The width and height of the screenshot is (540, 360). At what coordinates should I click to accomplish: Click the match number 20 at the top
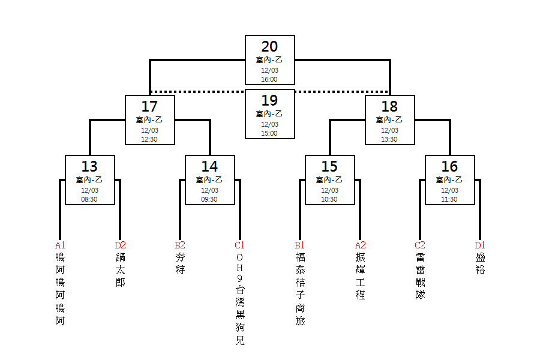coord(269,47)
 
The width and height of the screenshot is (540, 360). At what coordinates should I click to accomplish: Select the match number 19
coord(269,101)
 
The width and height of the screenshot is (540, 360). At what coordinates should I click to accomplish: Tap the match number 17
coord(149,106)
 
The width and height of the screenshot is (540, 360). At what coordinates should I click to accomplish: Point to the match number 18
coord(389,106)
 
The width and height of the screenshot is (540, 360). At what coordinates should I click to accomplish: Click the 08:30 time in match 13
coord(89,199)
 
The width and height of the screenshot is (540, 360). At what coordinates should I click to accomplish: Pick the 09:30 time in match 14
coord(209,199)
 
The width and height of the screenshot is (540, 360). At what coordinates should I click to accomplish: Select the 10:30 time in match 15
coord(329,199)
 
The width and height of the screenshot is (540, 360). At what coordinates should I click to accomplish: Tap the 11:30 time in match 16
coord(449,199)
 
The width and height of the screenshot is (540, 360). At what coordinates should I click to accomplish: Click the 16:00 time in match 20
coord(269,79)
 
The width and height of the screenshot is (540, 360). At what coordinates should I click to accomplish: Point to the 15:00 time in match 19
coord(269,133)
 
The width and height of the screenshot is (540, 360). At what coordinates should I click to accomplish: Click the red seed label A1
coord(60,245)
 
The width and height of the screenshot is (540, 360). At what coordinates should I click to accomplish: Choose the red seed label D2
coord(120,245)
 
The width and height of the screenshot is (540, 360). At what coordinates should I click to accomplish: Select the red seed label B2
coord(180,245)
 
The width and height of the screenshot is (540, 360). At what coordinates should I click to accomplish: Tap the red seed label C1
coord(239,245)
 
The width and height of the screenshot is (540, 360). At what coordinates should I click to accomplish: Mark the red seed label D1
coord(480,245)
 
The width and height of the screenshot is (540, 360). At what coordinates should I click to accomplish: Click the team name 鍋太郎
coord(120,270)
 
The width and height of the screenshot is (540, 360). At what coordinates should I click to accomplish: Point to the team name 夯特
coord(180,263)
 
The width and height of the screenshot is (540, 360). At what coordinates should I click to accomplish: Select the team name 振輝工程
coord(360,276)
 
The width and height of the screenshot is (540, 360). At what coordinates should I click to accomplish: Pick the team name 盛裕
coord(480,263)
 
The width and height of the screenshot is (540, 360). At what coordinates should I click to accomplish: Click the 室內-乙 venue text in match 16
coord(449,180)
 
